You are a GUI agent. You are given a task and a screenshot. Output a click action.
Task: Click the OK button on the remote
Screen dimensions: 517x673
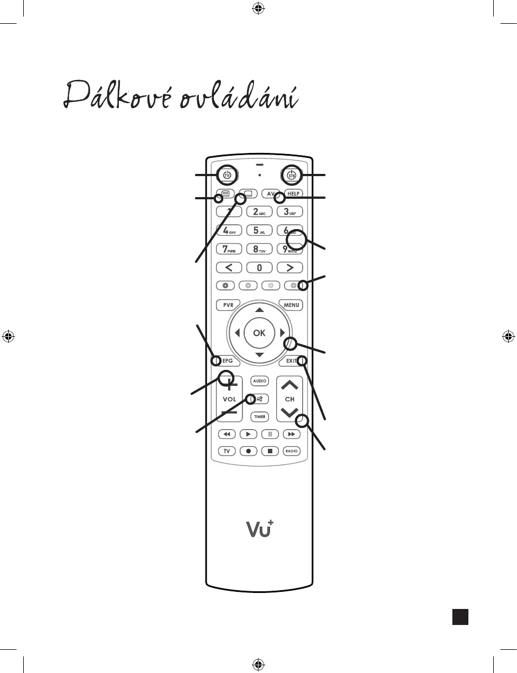(259, 332)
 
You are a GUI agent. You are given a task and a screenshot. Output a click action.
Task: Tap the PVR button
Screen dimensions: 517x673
(227, 305)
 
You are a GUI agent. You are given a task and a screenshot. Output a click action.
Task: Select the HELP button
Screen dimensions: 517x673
(293, 194)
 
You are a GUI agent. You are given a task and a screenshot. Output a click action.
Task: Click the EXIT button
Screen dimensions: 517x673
(292, 361)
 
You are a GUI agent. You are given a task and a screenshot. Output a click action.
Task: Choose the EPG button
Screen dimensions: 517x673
(227, 361)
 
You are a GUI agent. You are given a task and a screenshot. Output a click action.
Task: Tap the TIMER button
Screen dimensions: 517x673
(260, 417)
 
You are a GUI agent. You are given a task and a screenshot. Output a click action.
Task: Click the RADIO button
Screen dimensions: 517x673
(292, 451)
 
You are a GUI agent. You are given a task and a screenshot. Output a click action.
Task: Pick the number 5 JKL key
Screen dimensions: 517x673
(259, 230)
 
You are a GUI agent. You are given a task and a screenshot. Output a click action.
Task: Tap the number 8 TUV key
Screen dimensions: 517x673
(259, 249)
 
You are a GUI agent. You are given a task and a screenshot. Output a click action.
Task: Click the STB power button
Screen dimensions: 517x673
(292, 175)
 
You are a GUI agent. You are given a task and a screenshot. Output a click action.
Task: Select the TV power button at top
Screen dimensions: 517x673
(227, 175)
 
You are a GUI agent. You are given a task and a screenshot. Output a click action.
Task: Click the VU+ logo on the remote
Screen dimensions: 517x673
(260, 528)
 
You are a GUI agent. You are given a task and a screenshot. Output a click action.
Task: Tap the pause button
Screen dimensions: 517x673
(270, 434)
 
